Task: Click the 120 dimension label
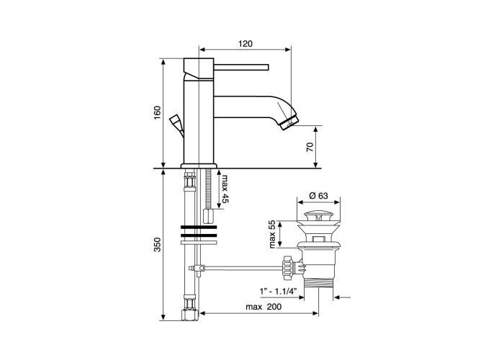(x=246, y=43)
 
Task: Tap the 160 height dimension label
(x=157, y=112)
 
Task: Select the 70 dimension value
(x=310, y=147)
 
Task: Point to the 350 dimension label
(x=157, y=244)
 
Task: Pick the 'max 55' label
(x=273, y=234)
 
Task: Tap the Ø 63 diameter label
(x=318, y=195)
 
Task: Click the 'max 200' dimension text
(x=264, y=307)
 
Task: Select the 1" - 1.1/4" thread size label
(x=278, y=291)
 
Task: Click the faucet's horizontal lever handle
(x=241, y=67)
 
